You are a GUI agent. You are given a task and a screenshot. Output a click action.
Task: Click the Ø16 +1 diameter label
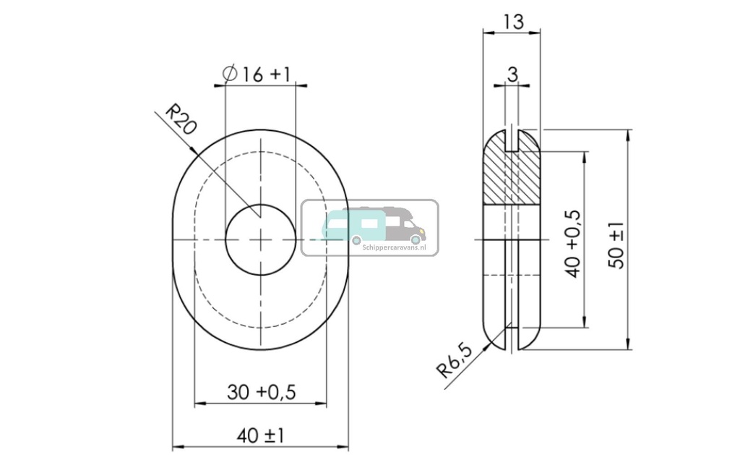pyautogui.click(x=257, y=75)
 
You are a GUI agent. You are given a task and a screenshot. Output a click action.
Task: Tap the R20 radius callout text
pyautogui.click(x=181, y=119)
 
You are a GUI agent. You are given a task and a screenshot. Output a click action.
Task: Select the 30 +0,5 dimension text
pyautogui.click(x=262, y=392)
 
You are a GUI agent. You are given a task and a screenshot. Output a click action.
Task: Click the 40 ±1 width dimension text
pyautogui.click(x=261, y=435)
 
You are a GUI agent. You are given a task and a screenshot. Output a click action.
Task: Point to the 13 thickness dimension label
pyautogui.click(x=513, y=22)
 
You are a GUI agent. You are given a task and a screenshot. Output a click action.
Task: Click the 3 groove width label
pyautogui.click(x=512, y=75)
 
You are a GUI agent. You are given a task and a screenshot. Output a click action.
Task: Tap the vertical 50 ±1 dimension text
pyautogui.click(x=617, y=245)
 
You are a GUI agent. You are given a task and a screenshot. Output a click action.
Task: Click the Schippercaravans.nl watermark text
pyautogui.click(x=395, y=247)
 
